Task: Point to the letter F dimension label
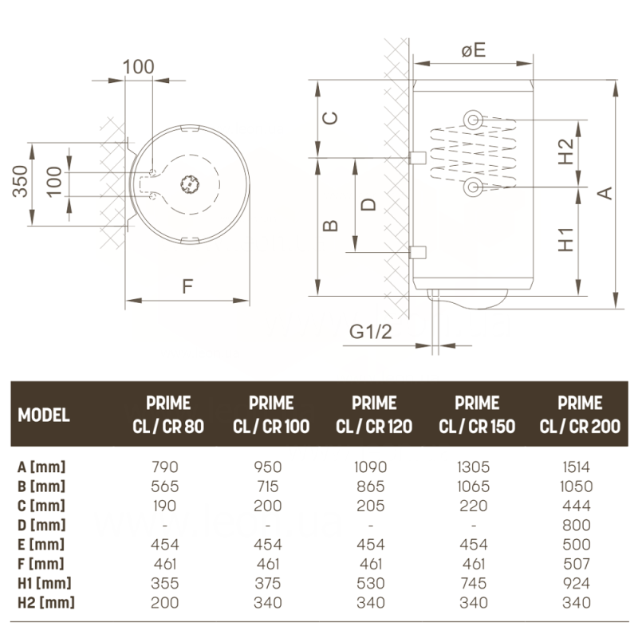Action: click(187, 287)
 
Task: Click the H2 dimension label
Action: click(565, 152)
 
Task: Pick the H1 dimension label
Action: click(565, 240)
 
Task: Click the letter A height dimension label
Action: click(605, 192)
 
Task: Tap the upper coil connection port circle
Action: click(474, 120)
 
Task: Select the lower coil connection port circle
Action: click(474, 187)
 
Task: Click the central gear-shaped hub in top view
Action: click(191, 183)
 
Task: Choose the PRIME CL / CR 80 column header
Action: click(168, 415)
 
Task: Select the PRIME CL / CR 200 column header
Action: click(580, 415)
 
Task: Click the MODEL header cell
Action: click(44, 415)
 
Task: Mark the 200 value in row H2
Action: click(166, 603)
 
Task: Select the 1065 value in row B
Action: click(474, 486)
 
